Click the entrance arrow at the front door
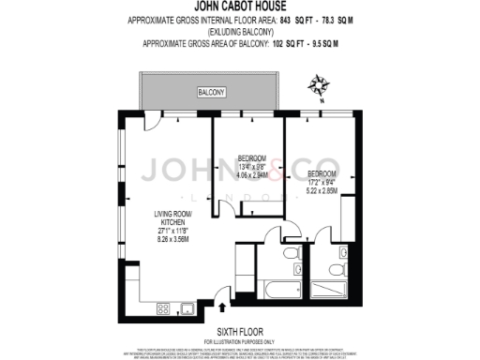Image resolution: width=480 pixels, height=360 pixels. click(x=222, y=305)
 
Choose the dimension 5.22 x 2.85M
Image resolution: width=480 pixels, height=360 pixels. click(x=322, y=191)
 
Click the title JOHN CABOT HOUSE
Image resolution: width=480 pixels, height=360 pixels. click(x=239, y=7)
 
